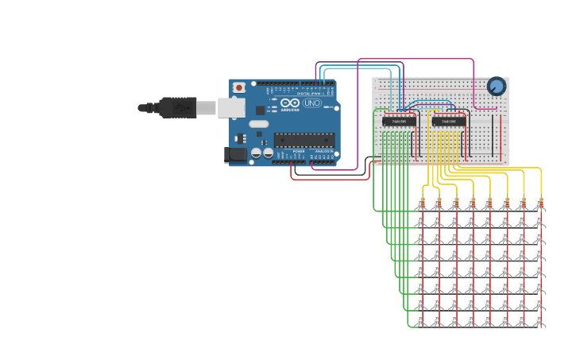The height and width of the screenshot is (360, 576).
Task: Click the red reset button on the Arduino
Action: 239,87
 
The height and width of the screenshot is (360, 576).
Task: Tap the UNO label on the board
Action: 312,103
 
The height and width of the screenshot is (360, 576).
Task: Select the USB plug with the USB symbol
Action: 177,107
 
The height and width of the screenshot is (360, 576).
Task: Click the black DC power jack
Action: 236,154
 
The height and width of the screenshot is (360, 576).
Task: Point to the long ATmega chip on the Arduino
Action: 304,140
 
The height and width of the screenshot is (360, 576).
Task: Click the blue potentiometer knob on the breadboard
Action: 497,86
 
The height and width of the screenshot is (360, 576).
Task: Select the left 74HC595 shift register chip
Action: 399,121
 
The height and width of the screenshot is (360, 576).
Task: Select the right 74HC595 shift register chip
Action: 449,121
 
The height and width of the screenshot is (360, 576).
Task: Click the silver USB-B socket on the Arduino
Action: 231,107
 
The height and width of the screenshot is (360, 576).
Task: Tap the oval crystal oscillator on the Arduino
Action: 259,124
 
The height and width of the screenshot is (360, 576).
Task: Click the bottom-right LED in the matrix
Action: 539,320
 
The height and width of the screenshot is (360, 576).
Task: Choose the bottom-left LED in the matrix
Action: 421,320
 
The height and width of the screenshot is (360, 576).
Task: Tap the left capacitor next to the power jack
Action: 256,152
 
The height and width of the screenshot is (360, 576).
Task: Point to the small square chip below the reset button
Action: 260,110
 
